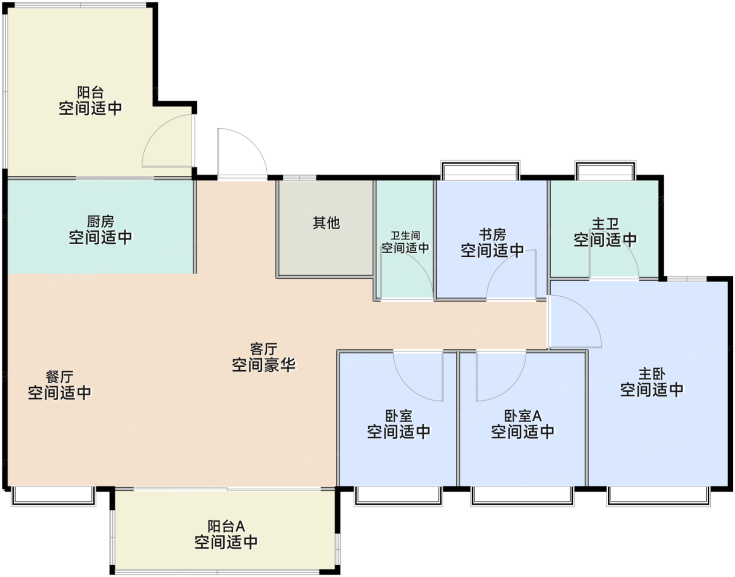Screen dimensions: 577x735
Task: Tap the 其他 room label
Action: (x=326, y=223)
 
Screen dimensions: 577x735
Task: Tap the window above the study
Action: (x=480, y=171)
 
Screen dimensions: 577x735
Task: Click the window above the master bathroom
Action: (x=605, y=171)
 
